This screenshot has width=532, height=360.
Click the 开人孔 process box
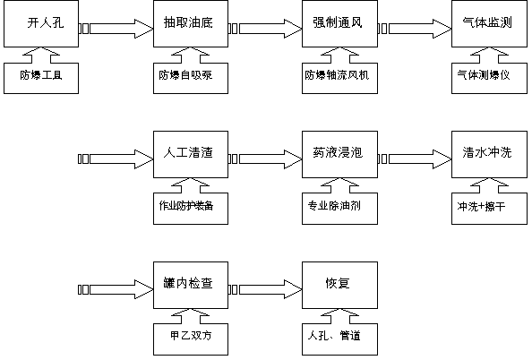tap(41, 24)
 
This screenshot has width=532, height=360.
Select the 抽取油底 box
tap(191, 24)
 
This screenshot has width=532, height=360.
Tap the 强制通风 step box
tap(340, 24)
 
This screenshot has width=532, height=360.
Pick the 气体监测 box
tap(489, 24)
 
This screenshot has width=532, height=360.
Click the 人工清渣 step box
tap(191, 154)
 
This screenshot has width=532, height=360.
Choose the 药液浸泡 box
tap(340, 154)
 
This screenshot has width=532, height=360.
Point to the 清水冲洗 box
tap(489, 154)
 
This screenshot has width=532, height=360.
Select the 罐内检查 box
tap(191, 285)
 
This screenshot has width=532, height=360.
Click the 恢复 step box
tap(340, 285)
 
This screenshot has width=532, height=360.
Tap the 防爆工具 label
tap(41, 75)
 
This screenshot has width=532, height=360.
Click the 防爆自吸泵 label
tap(185, 75)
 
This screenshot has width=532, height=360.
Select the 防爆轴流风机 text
tap(337, 75)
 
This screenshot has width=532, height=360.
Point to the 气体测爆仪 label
tap(484, 75)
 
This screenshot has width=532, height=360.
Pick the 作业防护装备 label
tap(186, 206)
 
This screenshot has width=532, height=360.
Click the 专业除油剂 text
tap(334, 206)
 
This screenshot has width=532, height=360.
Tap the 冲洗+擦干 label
tap(481, 206)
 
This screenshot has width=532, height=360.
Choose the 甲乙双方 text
tap(191, 336)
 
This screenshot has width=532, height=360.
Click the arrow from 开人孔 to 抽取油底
tap(116, 29)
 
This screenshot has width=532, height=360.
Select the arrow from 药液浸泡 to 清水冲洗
tap(415, 159)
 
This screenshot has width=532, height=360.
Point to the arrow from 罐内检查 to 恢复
tap(265, 289)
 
